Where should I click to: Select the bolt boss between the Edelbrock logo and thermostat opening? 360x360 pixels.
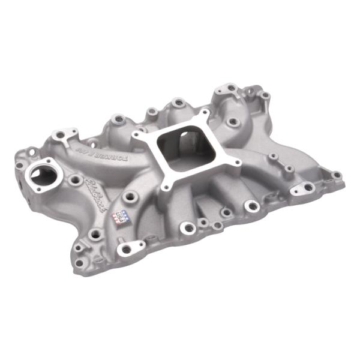(x=74, y=179)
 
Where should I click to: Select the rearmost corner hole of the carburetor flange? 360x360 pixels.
(x=206, y=112)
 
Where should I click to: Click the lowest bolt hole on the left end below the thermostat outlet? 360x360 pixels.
(x=78, y=247)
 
